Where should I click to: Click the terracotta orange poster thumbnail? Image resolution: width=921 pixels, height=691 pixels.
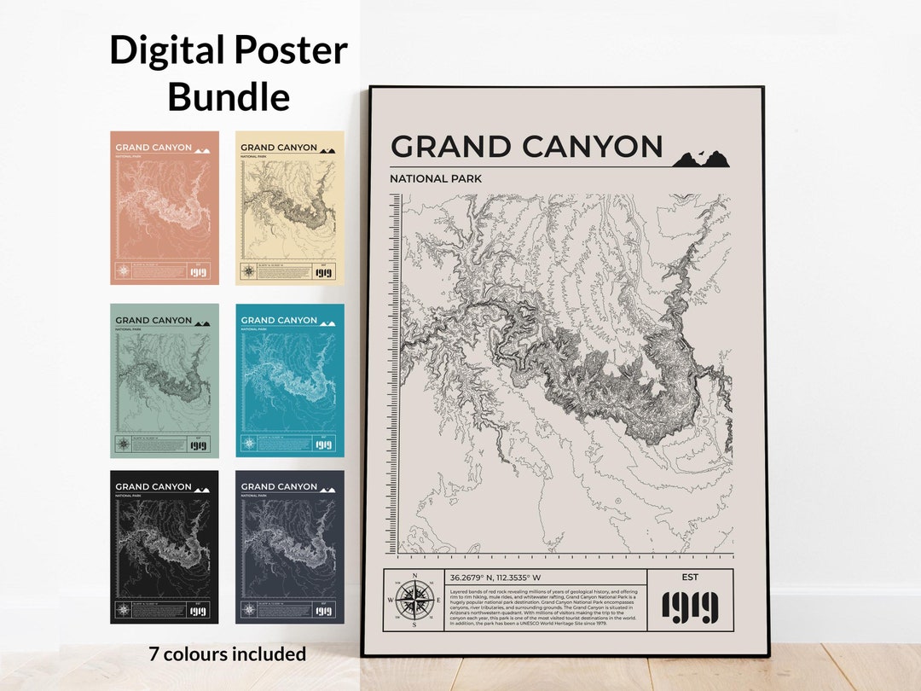[165, 207]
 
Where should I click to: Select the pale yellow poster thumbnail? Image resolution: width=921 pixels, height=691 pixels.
[290, 207]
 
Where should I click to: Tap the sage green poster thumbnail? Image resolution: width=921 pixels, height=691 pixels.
[165, 380]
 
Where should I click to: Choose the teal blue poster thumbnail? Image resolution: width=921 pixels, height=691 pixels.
[290, 380]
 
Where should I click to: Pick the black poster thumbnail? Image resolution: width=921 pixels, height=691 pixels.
[165, 547]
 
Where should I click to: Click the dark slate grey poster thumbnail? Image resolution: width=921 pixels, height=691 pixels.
[290, 547]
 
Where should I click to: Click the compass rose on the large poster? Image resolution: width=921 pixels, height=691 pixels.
[414, 600]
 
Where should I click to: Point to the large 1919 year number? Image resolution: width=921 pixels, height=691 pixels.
[690, 607]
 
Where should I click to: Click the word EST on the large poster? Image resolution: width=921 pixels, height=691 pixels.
[690, 578]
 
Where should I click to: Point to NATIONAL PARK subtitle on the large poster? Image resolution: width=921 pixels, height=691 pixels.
[436, 178]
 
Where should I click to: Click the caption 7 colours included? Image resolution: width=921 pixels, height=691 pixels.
[228, 654]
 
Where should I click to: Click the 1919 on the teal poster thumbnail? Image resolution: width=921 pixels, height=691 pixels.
[323, 444]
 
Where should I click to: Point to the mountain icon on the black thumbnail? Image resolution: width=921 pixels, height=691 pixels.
[202, 490]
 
